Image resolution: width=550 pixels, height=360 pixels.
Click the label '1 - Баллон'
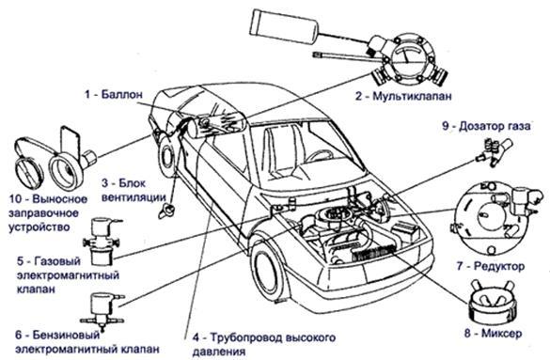tap(114, 94)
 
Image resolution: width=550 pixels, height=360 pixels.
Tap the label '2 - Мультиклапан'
tap(403, 96)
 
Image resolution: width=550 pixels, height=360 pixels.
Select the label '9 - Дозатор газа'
tap(486, 126)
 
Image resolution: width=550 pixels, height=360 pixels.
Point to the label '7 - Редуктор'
tap(491, 266)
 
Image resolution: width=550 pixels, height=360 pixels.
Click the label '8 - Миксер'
tap(494, 333)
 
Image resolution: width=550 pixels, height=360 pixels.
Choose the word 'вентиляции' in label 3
tap(134, 197)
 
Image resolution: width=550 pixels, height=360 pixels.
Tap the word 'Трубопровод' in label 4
tap(246, 337)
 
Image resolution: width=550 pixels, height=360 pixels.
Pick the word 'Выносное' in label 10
tap(59, 199)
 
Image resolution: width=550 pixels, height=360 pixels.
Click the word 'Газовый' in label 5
tap(58, 261)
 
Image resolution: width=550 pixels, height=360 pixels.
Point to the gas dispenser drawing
tap(494, 151)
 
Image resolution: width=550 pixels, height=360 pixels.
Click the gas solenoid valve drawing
tap(102, 242)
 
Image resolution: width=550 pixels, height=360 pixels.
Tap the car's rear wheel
tap(167, 157)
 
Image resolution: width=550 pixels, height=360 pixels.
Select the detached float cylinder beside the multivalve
tap(283, 26)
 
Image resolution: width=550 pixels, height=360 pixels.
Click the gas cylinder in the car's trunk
tap(217, 124)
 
